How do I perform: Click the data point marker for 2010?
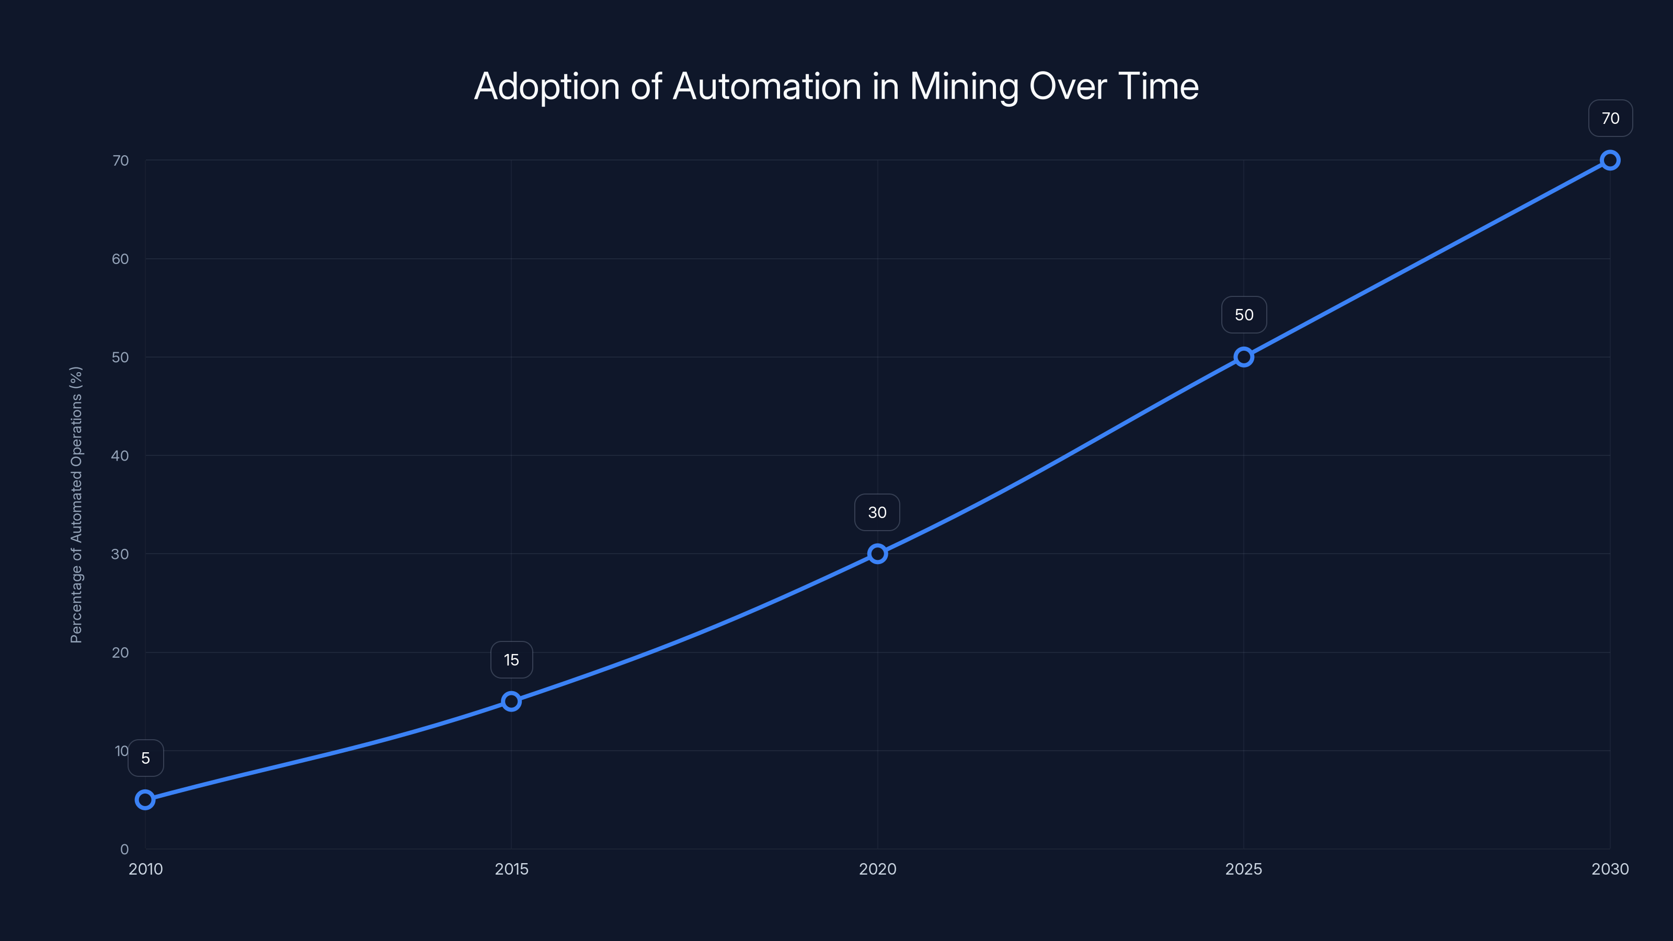coord(145,799)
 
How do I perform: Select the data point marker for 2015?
coord(511,702)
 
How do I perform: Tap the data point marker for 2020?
coord(877,554)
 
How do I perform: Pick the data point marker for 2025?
coord(1244,357)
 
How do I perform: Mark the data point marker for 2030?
coord(1610,160)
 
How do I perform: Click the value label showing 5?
coord(145,758)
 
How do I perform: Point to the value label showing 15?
coord(511,660)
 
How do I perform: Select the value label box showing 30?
coord(877,512)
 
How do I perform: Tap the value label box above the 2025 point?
coord(1244,315)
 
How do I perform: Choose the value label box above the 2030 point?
coord(1610,118)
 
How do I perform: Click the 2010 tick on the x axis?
coord(145,869)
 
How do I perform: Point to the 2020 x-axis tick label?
coord(877,869)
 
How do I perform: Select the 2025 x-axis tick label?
coord(1244,869)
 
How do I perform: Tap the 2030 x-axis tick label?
coord(1610,869)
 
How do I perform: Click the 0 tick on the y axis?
coord(124,849)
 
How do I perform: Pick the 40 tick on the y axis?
coord(120,455)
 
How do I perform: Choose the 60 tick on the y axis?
coord(120,259)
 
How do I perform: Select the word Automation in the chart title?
coord(767,86)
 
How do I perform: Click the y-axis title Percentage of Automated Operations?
coord(77,504)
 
